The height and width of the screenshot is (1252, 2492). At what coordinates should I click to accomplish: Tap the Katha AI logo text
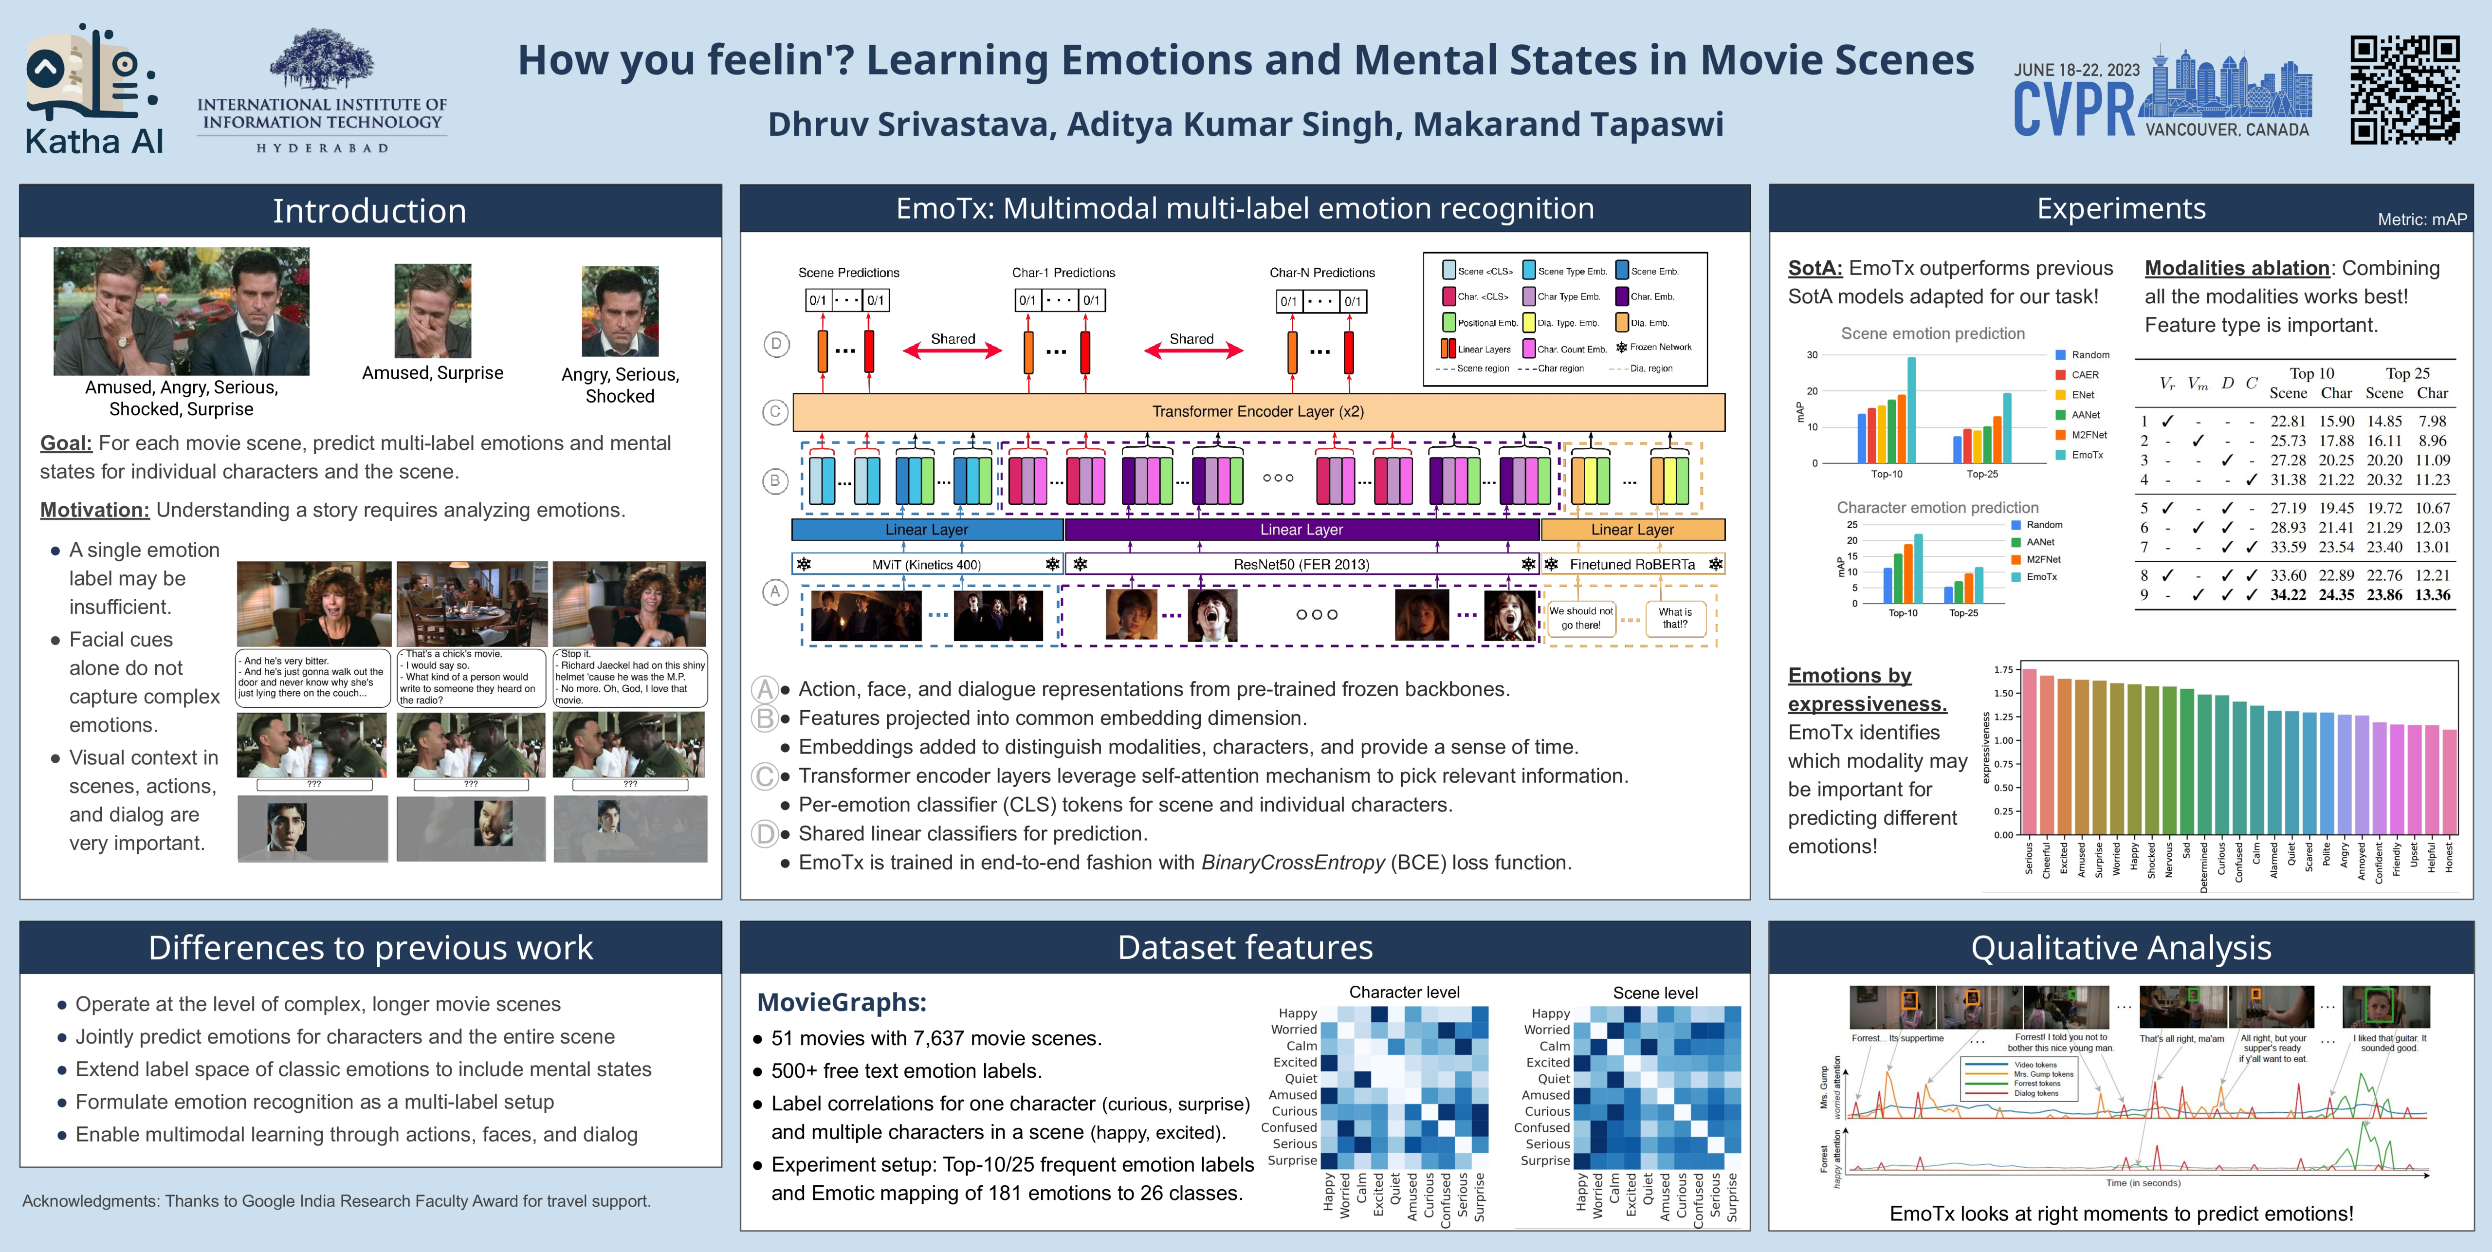coord(94,141)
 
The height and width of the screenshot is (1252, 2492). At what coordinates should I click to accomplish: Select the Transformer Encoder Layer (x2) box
coord(1258,411)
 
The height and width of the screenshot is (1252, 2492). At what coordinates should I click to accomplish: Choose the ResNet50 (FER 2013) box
coord(1301,564)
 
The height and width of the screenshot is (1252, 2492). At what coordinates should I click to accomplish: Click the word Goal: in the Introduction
coord(66,443)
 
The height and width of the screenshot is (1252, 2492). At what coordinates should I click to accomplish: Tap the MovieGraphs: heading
coord(841,1002)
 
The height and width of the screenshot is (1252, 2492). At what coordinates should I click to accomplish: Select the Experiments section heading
coord(2121,209)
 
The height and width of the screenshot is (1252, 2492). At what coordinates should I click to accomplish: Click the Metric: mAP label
coord(2421,220)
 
